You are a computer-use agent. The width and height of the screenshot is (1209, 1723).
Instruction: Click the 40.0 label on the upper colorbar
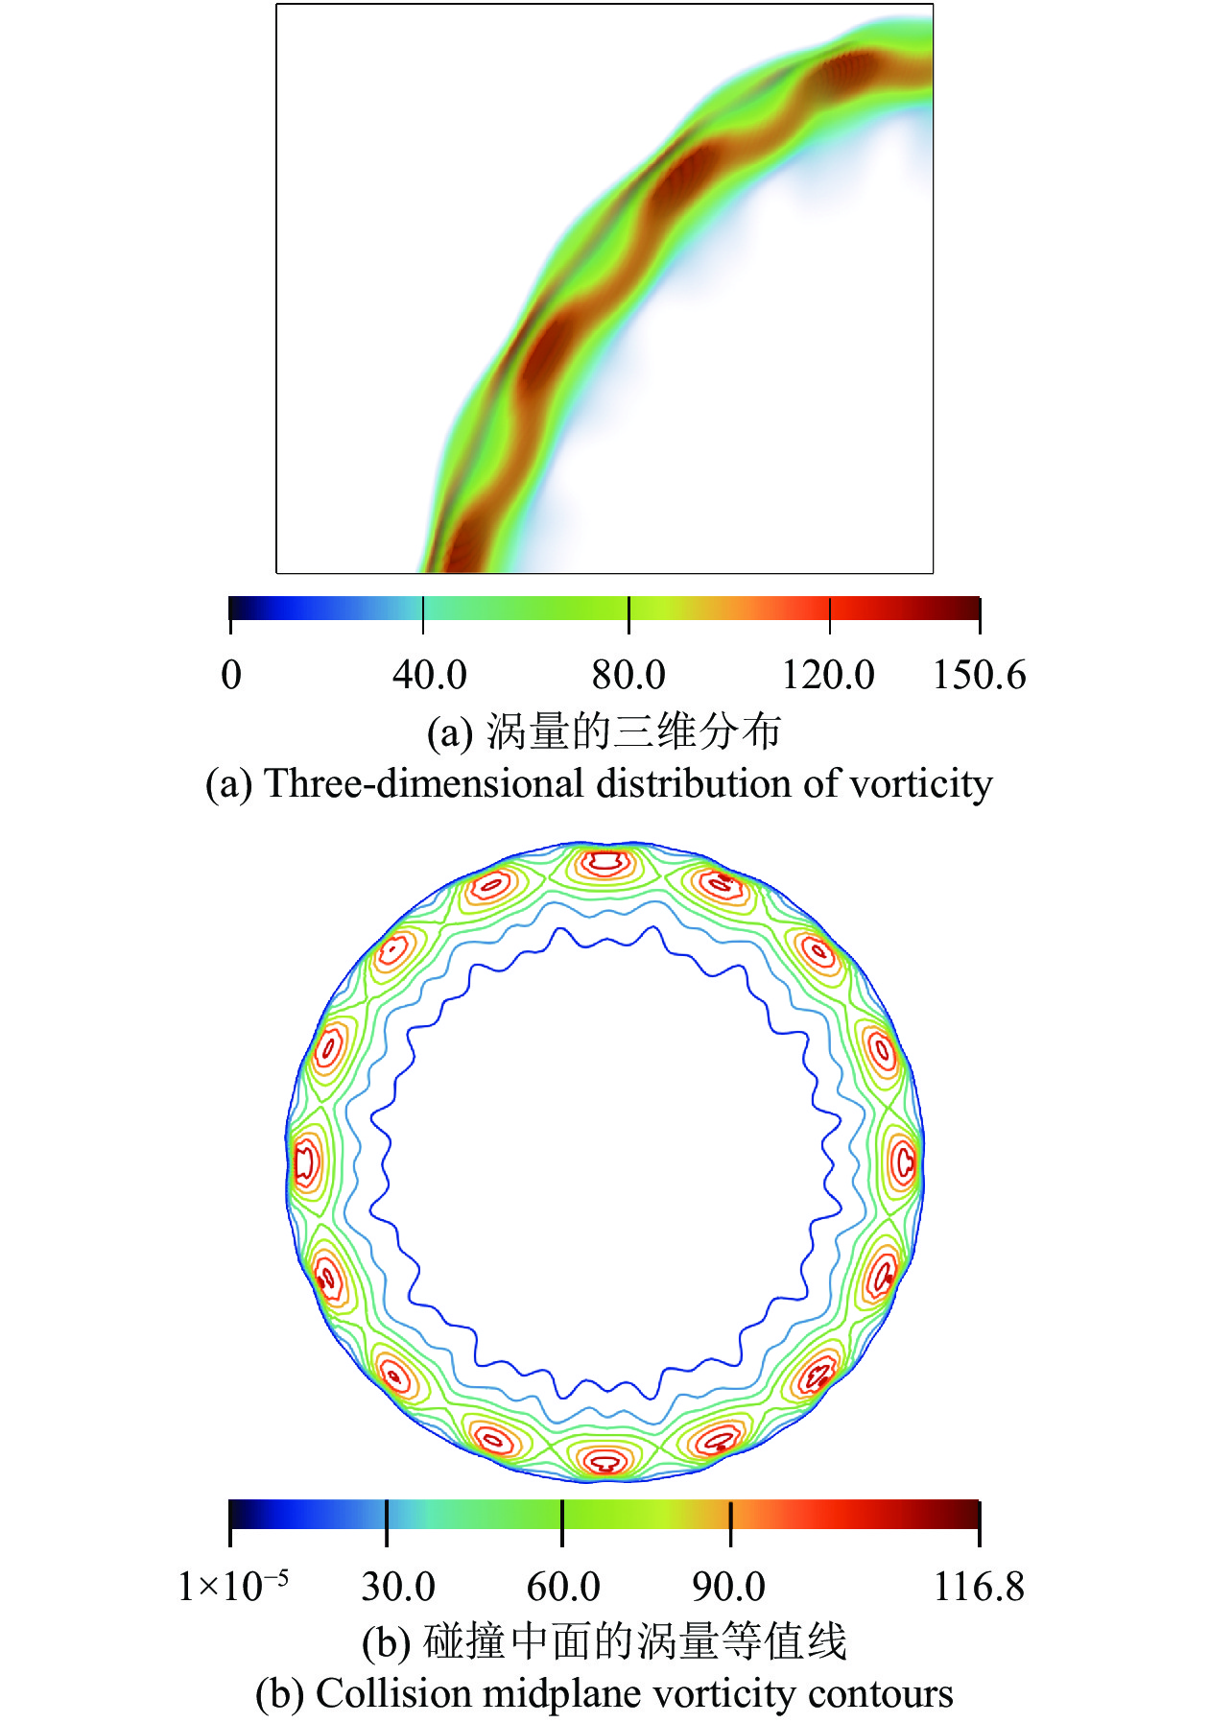coord(429,675)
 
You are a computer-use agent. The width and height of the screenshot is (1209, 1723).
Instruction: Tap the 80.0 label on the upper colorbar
coord(628,675)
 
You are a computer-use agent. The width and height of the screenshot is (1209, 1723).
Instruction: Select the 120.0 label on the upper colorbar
coord(828,675)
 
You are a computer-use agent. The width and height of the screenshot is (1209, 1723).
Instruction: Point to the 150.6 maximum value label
coord(979,675)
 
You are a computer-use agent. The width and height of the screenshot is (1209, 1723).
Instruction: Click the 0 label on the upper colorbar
coord(231,675)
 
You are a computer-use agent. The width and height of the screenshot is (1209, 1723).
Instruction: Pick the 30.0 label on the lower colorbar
coord(398,1587)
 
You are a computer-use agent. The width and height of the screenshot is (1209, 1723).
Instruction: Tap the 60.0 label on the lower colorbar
coord(563,1587)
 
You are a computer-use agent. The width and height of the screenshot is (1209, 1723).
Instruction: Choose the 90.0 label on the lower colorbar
coord(728,1587)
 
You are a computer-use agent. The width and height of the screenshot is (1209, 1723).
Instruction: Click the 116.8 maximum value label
coord(979,1587)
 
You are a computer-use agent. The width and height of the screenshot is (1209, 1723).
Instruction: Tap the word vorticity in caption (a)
coord(921,784)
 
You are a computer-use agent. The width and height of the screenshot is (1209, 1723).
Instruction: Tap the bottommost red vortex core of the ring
coord(605,1463)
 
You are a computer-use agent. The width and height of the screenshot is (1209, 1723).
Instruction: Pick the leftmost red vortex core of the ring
coord(306,1162)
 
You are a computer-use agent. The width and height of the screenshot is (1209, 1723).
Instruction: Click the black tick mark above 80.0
coord(628,615)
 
